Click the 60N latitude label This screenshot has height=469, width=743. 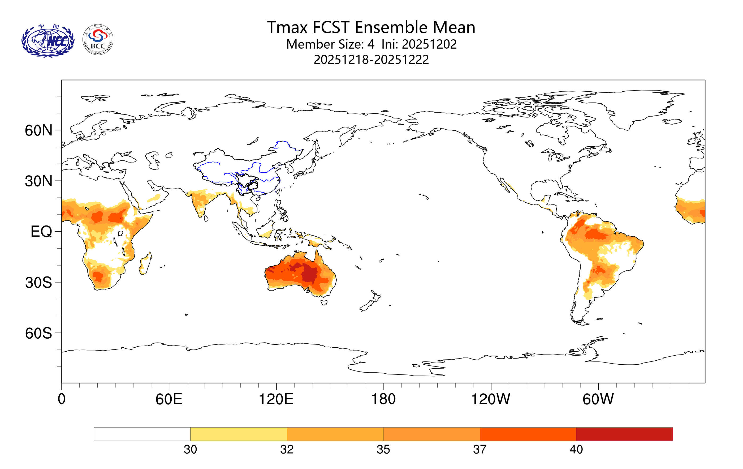click(38, 131)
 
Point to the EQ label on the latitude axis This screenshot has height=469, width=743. click(41, 232)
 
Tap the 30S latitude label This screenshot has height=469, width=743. click(38, 283)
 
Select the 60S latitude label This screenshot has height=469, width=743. click(38, 334)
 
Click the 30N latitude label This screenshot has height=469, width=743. click(38, 181)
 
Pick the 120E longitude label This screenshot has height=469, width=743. click(276, 399)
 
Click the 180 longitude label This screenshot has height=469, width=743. click(383, 399)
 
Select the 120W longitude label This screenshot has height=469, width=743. click(491, 399)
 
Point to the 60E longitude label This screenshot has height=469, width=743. click(169, 399)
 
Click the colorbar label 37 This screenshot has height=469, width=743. click(480, 450)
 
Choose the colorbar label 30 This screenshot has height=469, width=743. click(190, 450)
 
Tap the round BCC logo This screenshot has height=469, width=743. click(98, 40)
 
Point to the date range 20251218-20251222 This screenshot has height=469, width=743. click(371, 59)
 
